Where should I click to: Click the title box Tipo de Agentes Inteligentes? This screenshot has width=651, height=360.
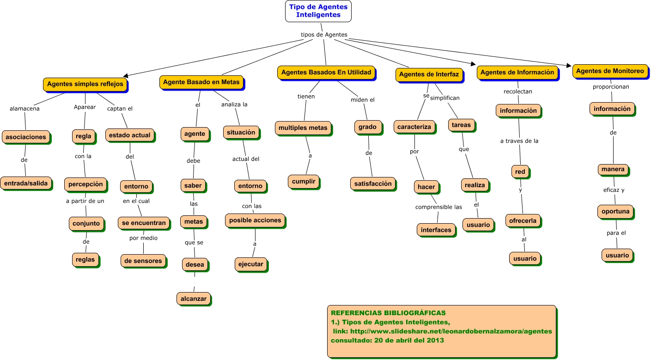[318, 11]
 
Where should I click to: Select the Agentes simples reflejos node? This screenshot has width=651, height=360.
[85, 84]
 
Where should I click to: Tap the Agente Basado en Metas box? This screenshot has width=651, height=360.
[201, 82]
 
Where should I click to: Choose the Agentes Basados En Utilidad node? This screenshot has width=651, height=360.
[326, 73]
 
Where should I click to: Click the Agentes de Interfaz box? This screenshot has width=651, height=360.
[428, 74]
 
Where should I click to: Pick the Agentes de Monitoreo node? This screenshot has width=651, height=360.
[610, 71]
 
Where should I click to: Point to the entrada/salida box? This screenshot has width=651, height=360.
[26, 183]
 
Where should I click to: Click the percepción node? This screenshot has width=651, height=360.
[85, 183]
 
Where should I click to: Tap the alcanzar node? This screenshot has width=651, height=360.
[194, 299]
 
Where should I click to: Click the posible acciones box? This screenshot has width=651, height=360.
[255, 220]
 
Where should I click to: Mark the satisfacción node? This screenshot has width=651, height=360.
[373, 183]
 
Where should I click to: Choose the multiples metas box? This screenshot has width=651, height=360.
[303, 128]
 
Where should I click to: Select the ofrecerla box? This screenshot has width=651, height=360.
[523, 220]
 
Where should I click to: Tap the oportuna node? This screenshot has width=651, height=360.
[615, 211]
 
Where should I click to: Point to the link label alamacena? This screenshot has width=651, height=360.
[24, 109]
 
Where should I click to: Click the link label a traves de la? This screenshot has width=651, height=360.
[519, 141]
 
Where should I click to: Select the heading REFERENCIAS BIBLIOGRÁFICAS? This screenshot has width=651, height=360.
[388, 313]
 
